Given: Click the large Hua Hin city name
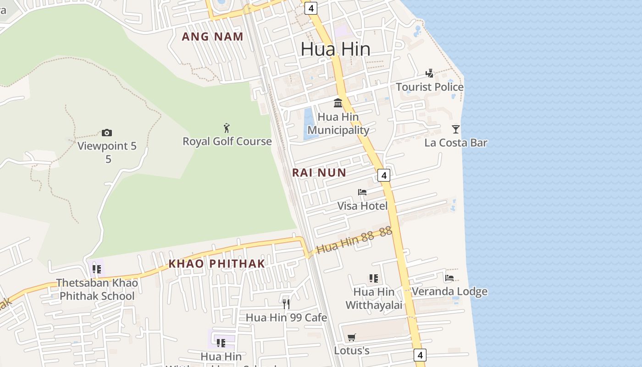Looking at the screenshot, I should (x=335, y=49).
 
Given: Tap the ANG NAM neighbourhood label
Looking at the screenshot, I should (x=212, y=37).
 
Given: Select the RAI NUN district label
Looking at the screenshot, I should (x=319, y=172).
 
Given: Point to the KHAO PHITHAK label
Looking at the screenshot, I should (x=216, y=263).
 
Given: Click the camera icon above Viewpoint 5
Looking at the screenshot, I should (x=107, y=133).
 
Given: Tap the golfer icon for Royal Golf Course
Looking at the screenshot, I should (x=227, y=128).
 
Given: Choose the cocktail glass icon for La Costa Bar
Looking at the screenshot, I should (x=455, y=129).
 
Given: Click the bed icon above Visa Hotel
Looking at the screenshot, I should (x=362, y=192).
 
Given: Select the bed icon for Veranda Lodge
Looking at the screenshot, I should (x=449, y=278).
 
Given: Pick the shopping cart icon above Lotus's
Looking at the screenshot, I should (x=352, y=338).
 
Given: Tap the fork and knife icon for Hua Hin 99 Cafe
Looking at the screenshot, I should (x=286, y=304).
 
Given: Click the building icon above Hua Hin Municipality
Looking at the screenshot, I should (x=338, y=103).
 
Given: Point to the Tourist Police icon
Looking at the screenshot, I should (x=429, y=73).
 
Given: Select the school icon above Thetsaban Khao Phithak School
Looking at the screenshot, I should (x=96, y=269).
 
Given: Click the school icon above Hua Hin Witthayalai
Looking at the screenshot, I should (x=374, y=278).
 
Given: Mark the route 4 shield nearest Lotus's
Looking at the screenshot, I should (x=420, y=355).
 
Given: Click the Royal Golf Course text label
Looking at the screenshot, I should (x=227, y=141).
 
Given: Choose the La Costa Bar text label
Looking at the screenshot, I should (x=455, y=143).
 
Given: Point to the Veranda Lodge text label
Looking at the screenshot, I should (x=449, y=292).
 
